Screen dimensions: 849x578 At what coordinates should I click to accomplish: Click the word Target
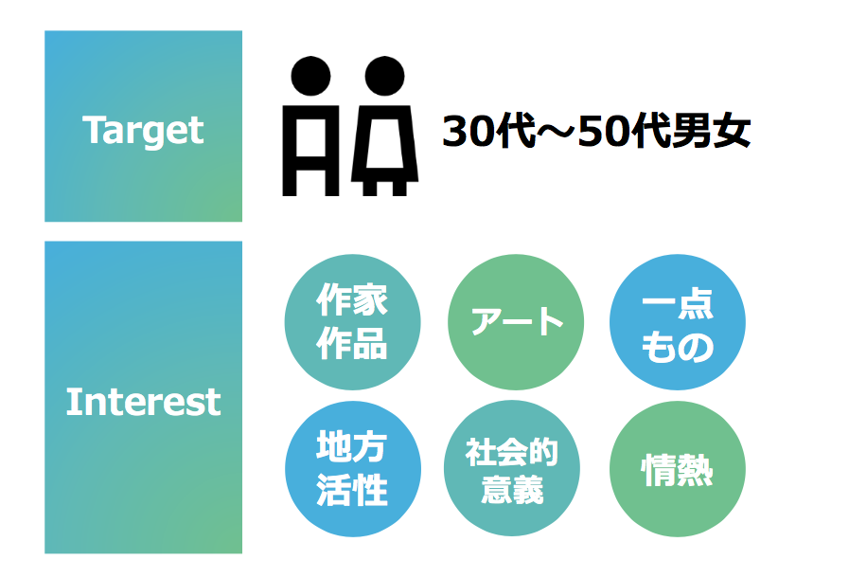[x=144, y=131]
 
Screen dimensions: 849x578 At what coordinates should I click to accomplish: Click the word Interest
[x=144, y=402]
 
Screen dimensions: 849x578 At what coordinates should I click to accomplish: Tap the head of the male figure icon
[x=310, y=76]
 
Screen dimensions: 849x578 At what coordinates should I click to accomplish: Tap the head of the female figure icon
[x=384, y=76]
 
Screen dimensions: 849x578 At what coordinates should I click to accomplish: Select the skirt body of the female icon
[x=385, y=143]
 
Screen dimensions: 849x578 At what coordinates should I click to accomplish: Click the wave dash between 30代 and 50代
[x=557, y=132]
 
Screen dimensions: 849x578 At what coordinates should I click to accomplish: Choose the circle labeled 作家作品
[x=352, y=322]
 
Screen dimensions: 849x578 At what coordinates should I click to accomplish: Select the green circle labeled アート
[x=516, y=322]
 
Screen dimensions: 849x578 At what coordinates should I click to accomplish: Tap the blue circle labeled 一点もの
[x=678, y=322]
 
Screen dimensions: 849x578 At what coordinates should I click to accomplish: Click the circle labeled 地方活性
[x=353, y=469]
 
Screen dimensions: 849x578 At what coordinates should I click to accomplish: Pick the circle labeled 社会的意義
[x=512, y=468]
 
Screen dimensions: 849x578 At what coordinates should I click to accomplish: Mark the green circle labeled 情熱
[x=678, y=469]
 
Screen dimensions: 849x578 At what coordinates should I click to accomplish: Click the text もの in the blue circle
[x=678, y=347]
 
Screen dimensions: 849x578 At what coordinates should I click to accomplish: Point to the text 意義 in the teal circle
[x=512, y=489]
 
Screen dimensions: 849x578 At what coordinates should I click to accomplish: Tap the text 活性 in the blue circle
[x=352, y=490]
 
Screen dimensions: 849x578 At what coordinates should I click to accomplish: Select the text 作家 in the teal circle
[x=352, y=299]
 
